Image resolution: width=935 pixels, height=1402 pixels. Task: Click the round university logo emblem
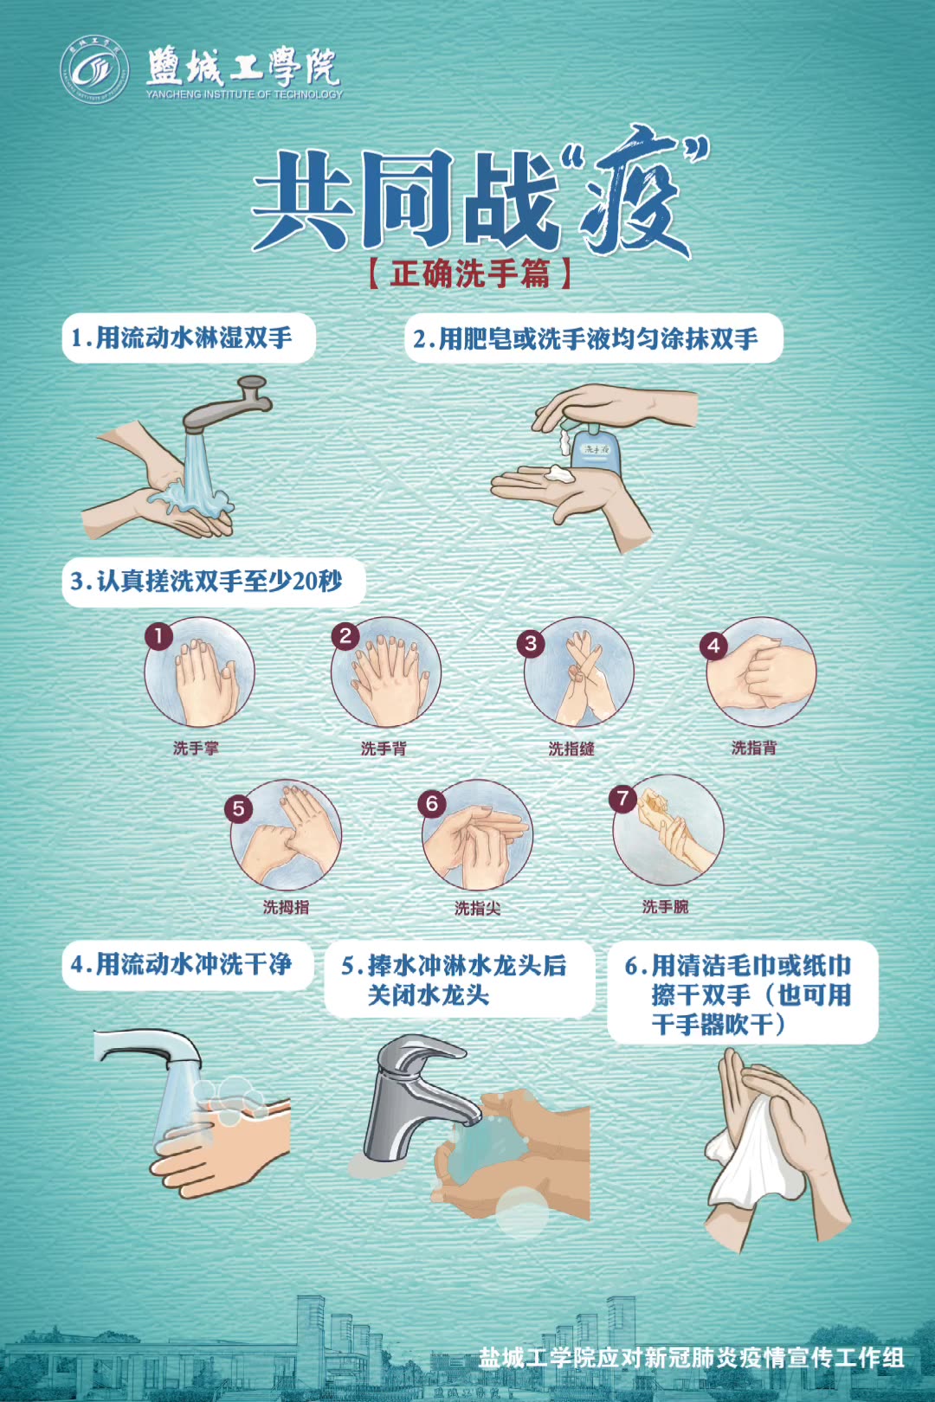(x=93, y=69)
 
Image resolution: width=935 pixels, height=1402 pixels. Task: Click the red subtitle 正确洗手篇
(x=469, y=273)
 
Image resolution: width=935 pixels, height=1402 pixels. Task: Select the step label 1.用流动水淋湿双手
(x=188, y=338)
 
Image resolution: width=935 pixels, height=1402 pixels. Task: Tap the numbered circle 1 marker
(x=158, y=636)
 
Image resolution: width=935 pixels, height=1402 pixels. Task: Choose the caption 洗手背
(x=383, y=749)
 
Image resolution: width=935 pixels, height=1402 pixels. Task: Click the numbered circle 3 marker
(x=531, y=643)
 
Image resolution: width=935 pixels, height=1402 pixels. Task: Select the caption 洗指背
(x=753, y=748)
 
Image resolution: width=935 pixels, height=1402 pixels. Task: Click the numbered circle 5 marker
(x=238, y=809)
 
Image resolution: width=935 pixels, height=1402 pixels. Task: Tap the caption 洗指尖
(x=477, y=908)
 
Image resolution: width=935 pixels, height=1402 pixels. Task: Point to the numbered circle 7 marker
(x=622, y=798)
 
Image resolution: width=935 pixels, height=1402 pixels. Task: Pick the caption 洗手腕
(x=665, y=906)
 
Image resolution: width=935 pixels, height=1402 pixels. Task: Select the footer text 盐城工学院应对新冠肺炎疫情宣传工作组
(x=691, y=1357)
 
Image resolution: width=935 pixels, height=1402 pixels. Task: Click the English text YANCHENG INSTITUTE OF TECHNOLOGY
(x=244, y=94)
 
